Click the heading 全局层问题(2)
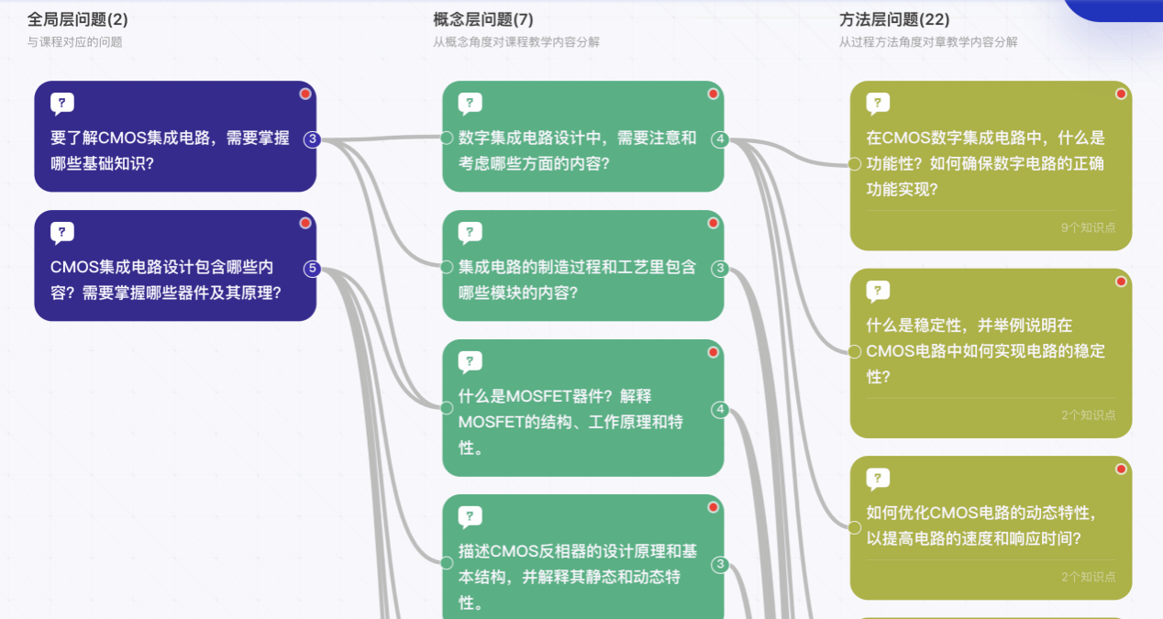tap(78, 19)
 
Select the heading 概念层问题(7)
tap(483, 19)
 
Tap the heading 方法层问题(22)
tap(894, 19)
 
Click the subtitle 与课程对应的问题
tap(74, 42)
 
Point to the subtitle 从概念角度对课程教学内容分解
tap(516, 42)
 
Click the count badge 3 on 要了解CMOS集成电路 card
tap(313, 139)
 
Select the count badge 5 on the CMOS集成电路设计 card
tap(313, 269)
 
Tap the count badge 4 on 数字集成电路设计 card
tap(721, 139)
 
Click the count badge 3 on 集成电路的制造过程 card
tap(721, 269)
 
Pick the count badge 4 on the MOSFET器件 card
tap(721, 409)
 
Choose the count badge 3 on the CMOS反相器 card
tap(721, 564)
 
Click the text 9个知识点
tap(1088, 227)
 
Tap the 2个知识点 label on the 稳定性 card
tap(1088, 415)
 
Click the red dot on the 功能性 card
tap(1121, 94)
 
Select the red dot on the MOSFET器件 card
tap(713, 352)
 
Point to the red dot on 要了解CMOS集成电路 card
tap(305, 94)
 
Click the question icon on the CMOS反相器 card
tap(470, 517)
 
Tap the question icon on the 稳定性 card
tap(878, 292)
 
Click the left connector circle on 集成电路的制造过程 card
tap(447, 268)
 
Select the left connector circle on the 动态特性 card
tap(855, 527)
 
